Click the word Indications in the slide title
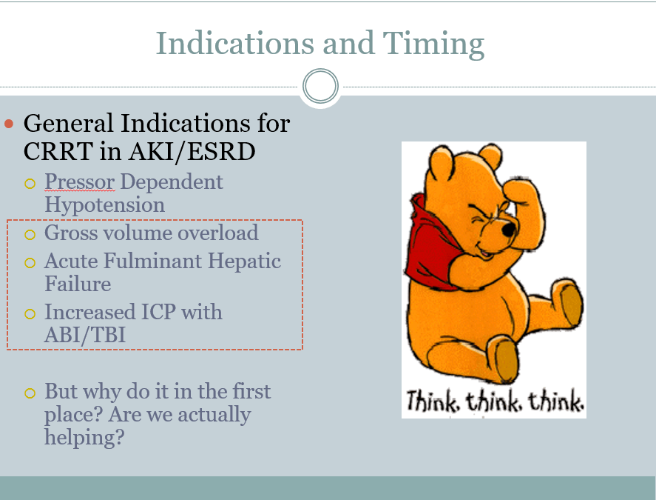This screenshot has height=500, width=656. pos(234,43)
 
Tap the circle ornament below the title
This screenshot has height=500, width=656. pos(320,86)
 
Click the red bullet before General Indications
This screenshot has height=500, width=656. pos(9,124)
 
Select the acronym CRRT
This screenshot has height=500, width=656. pos(58,151)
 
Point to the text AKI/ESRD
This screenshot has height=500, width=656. pos(192,152)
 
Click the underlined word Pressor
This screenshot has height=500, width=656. pos(79,182)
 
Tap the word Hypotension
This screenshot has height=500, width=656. pos(104,205)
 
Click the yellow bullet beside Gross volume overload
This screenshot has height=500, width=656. pos(30,234)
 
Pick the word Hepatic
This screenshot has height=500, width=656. pos(244,261)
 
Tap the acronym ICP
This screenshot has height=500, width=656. pos(158,312)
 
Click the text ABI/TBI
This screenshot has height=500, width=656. pos(85,335)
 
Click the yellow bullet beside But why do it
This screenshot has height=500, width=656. pos(30,393)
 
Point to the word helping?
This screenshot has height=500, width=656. pos(84,438)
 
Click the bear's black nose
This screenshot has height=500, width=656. pos(508,229)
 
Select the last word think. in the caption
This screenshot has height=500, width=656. pos(556,401)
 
